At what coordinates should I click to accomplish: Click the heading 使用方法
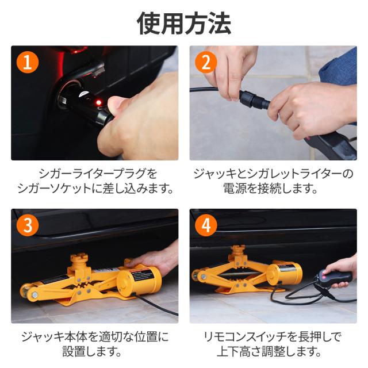(x=184, y=23)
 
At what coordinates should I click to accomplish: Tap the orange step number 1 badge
(x=28, y=63)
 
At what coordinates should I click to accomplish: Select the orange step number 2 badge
(x=206, y=63)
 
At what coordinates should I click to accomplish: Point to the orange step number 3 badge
(x=28, y=225)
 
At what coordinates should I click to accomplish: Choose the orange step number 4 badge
(x=206, y=225)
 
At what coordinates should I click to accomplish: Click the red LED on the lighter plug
(x=99, y=102)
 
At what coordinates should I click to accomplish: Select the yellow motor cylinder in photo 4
(x=284, y=274)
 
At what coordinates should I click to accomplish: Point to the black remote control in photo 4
(x=335, y=278)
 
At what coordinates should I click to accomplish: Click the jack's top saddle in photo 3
(x=79, y=258)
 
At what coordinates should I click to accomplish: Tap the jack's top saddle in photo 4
(x=238, y=250)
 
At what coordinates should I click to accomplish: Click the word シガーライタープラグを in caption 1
(x=98, y=174)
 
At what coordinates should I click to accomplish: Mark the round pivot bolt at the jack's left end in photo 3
(x=34, y=294)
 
